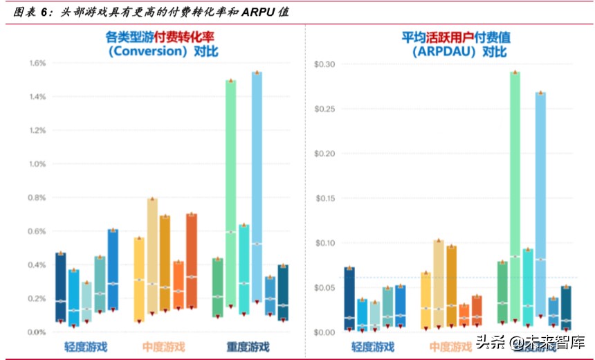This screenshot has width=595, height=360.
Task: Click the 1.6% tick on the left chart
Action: coord(37,63)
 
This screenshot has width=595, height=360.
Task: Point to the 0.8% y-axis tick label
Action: coord(37,198)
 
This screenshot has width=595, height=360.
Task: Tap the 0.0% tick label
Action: coord(37,332)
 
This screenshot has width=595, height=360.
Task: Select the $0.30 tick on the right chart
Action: coord(324,64)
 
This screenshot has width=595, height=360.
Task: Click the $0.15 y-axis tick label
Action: coord(324,199)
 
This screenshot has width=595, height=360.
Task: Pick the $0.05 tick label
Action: coord(324,288)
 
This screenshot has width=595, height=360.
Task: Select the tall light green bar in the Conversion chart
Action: coord(230,193)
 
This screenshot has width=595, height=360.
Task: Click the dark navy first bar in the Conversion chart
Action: coord(61,287)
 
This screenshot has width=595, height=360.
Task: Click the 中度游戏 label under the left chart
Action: coord(163,346)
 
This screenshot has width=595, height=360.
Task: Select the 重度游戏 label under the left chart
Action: coord(248,346)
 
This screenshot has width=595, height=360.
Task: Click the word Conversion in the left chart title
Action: coord(148,51)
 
